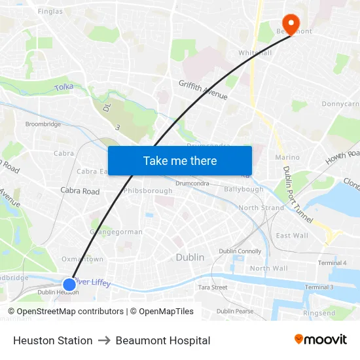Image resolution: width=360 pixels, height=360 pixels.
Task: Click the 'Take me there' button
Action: pyautogui.click(x=179, y=160)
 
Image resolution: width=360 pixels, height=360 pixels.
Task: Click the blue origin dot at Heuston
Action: pyautogui.click(x=69, y=284)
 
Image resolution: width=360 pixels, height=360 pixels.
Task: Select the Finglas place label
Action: pyautogui.click(x=50, y=11)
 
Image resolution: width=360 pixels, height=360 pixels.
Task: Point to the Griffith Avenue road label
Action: pyautogui.click(x=203, y=90)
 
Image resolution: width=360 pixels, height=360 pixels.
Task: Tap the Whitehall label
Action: pyautogui.click(x=255, y=52)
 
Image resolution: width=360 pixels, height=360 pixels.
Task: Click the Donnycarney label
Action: pyautogui.click(x=340, y=104)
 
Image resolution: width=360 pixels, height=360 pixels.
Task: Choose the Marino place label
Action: pyautogui.click(x=287, y=157)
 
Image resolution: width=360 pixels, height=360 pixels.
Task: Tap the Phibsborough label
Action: pyautogui.click(x=149, y=191)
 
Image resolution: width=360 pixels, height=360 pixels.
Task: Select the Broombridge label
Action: pyautogui.click(x=43, y=124)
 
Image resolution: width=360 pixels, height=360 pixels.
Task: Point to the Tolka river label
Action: pyautogui.click(x=64, y=86)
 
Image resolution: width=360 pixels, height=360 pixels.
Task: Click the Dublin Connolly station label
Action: pyautogui.click(x=240, y=251)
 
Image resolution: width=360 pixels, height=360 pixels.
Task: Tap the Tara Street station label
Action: pyautogui.click(x=212, y=287)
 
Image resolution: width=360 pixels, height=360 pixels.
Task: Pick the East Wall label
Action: pyautogui.click(x=292, y=236)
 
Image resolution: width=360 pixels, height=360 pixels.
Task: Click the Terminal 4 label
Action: pyautogui.click(x=332, y=263)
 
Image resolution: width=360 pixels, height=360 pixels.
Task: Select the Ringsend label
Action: pyautogui.click(x=319, y=313)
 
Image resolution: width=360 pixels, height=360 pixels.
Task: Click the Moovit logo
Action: pyautogui.click(x=320, y=340)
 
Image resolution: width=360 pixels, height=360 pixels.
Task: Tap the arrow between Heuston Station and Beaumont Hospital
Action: pyautogui.click(x=104, y=340)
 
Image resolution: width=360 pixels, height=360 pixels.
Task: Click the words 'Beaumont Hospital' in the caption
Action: pyautogui.click(x=163, y=340)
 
